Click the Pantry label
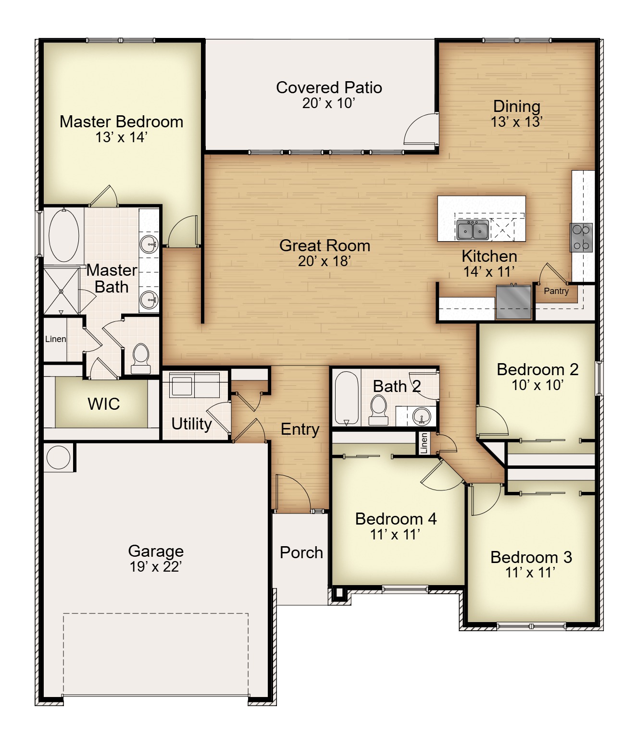pos(556,291)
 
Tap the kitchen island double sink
pos(472,230)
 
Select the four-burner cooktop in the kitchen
pos(581,237)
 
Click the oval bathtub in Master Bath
pos(63,236)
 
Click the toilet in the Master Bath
pos(140,359)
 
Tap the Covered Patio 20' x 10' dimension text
pos(328,103)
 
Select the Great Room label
pos(325,246)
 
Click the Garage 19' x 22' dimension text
pos(155,566)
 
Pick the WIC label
pos(103,404)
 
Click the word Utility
pos(191,424)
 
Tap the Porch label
pos(301,552)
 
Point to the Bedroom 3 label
pos(531,557)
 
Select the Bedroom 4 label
pos(396,519)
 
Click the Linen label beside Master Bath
pos(55,339)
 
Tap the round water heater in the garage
pos(58,457)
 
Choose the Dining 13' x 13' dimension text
pos(516,122)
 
